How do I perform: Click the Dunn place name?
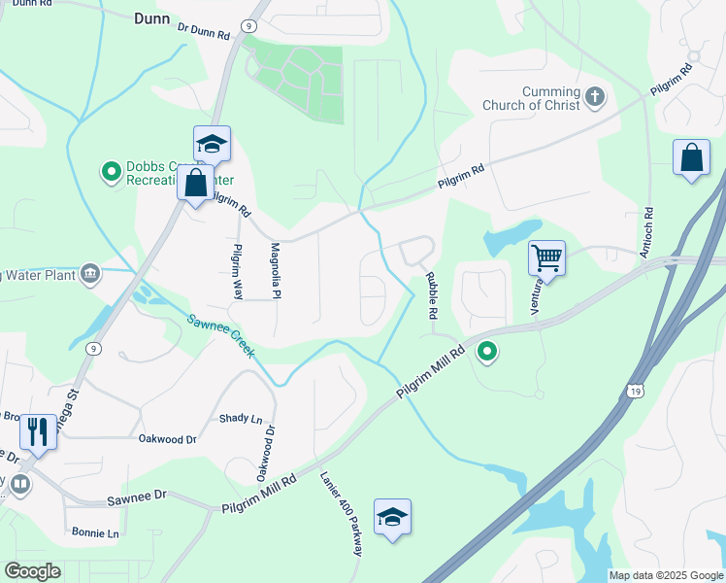coord(151,18)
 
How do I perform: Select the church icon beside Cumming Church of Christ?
coord(595,98)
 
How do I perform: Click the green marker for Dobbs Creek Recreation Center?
coord(111,173)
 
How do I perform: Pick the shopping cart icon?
coord(546,257)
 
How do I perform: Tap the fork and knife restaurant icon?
coord(37,430)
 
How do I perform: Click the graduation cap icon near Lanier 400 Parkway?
coord(392,516)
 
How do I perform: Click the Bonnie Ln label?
coord(95,532)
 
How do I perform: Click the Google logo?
coord(32,571)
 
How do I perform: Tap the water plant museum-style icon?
coord(90,273)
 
